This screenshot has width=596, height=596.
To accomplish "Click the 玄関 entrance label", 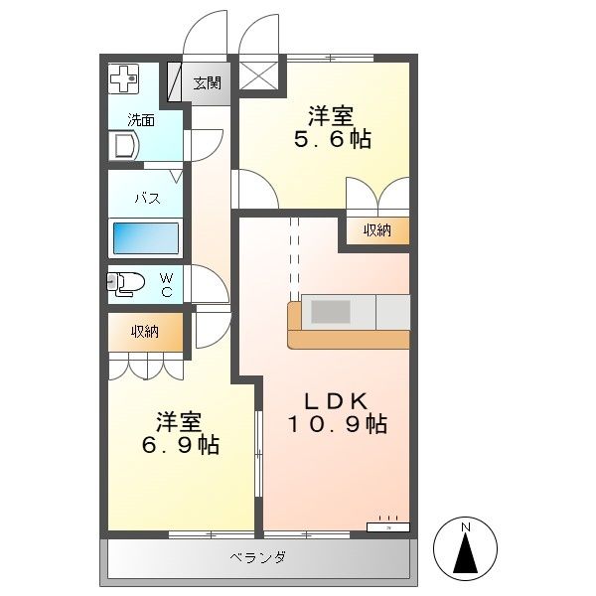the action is (x=208, y=82).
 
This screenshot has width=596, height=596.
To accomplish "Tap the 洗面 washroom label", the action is (x=141, y=120).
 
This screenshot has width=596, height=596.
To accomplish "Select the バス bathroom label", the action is (x=147, y=198).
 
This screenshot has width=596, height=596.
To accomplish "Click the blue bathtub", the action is (x=146, y=238).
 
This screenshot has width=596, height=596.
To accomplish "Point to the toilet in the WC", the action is (x=126, y=283).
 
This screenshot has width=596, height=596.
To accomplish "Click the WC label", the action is (x=167, y=285).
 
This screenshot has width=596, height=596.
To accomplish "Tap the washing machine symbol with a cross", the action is (x=124, y=79).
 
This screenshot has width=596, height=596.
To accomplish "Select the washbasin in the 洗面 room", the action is (x=124, y=146).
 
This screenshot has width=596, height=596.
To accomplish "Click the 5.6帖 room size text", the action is (x=333, y=139).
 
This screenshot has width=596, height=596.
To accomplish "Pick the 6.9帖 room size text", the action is (x=181, y=444).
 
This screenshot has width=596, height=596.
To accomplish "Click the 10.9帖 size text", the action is (x=338, y=424).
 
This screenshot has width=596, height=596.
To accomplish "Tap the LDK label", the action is (x=337, y=401).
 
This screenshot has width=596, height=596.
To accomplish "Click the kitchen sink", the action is (x=331, y=312).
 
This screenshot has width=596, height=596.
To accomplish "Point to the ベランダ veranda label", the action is (x=258, y=557).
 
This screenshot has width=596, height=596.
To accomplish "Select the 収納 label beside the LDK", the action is (x=377, y=230).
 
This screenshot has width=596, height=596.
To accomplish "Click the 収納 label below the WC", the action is (x=145, y=332).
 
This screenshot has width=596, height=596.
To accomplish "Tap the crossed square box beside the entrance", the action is (x=258, y=75).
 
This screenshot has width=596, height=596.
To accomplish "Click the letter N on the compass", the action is (x=466, y=527).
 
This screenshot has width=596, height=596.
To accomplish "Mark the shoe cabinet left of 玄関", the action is (x=175, y=81).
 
